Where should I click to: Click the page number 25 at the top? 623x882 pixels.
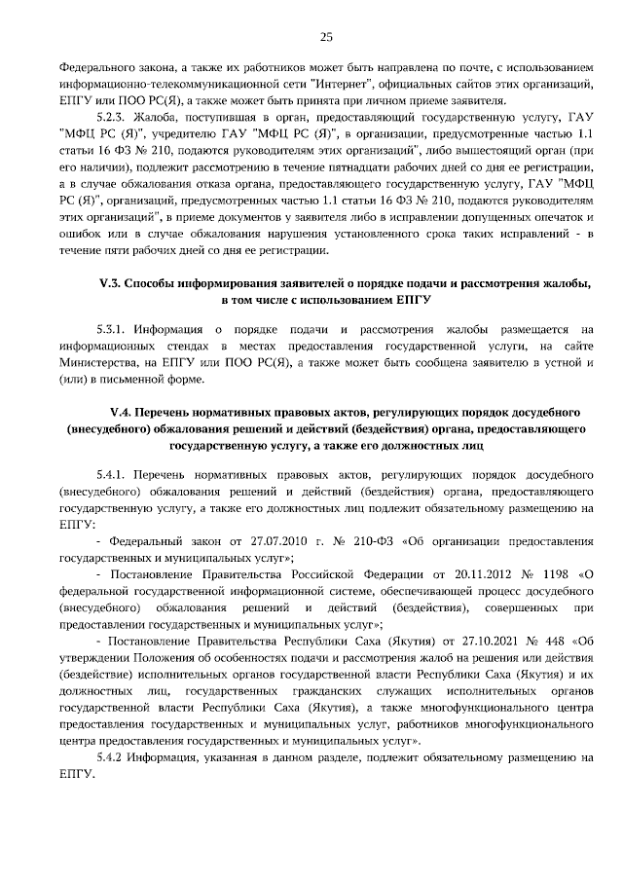(x=326, y=37)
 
